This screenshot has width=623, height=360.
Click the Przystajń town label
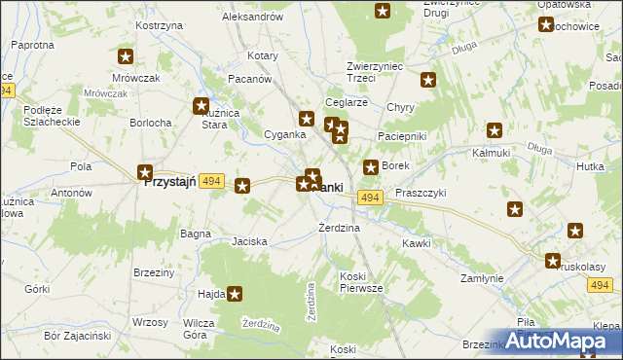point(171,181)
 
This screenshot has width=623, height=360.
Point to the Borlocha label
point(151,123)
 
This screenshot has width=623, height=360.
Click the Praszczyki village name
point(420,195)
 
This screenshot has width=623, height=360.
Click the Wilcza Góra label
point(199,328)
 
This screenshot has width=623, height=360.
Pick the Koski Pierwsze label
point(361,282)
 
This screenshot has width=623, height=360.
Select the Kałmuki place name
point(492,153)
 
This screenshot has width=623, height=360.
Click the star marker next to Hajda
point(234,294)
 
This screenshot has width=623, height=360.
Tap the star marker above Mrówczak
point(125,57)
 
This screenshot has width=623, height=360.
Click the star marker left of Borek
point(370,167)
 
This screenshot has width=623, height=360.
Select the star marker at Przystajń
point(145,172)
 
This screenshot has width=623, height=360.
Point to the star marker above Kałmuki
point(495,129)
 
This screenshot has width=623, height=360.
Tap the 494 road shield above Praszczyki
point(368,198)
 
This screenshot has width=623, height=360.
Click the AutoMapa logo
point(568,341)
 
